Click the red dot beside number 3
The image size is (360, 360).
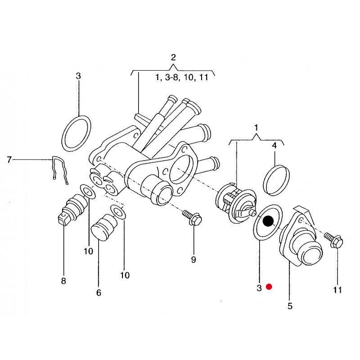click(x=269, y=287)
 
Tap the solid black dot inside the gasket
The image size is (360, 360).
click(x=268, y=221)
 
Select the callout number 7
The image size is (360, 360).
click(x=9, y=160)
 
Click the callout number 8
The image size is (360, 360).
click(x=63, y=281)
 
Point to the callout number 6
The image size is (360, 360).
click(x=99, y=292)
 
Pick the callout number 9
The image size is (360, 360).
click(x=193, y=260)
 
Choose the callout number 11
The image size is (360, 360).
click(x=337, y=290)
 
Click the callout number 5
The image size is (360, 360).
click(x=290, y=306)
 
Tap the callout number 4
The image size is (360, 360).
click(x=274, y=145)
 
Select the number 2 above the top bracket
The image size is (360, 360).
click(x=173, y=57)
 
